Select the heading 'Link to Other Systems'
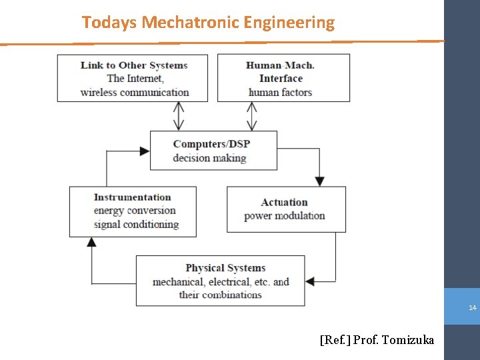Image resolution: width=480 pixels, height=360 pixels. pos(134,65)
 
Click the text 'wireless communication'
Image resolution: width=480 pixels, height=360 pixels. pos(134,92)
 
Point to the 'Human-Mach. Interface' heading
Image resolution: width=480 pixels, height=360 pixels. pos(280,71)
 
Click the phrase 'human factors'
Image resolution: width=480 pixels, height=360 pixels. pos(280,92)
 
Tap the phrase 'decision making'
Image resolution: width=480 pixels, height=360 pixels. pos(209,158)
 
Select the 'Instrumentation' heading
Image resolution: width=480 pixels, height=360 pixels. pos(133,197)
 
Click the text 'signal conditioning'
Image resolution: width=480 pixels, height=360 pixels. pos(136,225)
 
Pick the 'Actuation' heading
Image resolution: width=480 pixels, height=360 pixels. pos(284,203)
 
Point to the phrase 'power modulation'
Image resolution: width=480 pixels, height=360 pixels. pos(284,216)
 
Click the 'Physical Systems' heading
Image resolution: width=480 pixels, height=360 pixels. pos(225,268)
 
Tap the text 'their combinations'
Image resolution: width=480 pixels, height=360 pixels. pos(220,295)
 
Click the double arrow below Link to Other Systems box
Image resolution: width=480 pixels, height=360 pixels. pos(179,117)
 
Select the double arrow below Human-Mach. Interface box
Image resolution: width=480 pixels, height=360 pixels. pos(251,117)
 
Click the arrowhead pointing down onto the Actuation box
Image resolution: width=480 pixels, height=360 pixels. pos(319,181)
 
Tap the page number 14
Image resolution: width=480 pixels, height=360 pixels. pos(472,308)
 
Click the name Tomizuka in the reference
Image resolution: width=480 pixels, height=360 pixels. pos(407,341)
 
